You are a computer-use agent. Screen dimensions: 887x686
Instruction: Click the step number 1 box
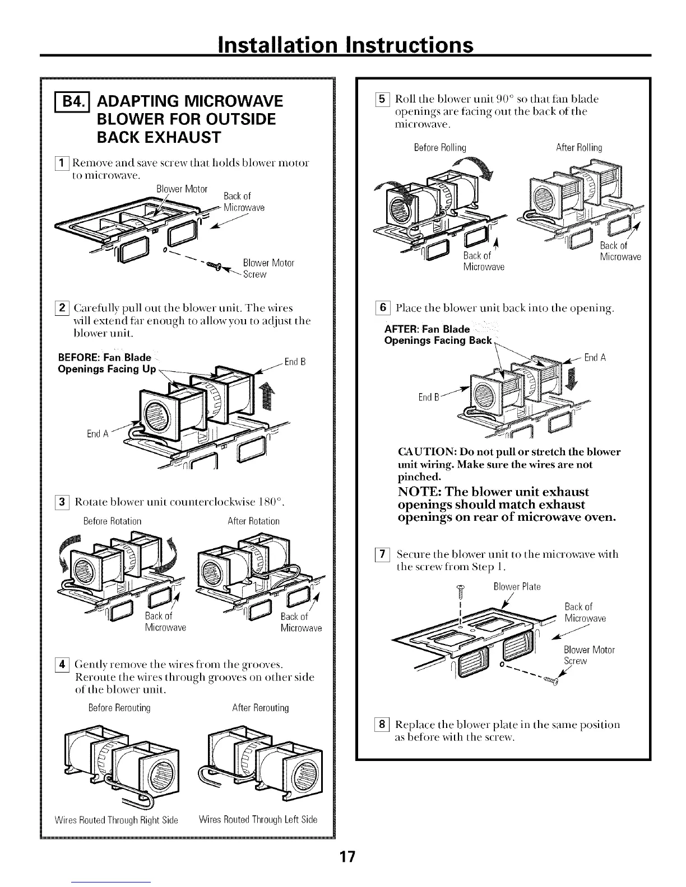(x=49, y=164)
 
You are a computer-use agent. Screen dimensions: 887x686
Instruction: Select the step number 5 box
(x=384, y=99)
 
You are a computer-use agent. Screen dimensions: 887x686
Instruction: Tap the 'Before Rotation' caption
(x=112, y=521)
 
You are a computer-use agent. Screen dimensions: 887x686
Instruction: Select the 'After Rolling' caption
(x=579, y=148)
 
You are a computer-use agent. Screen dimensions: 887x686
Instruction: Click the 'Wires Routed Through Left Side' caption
(x=258, y=820)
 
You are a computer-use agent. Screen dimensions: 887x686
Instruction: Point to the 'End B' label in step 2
(x=295, y=362)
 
